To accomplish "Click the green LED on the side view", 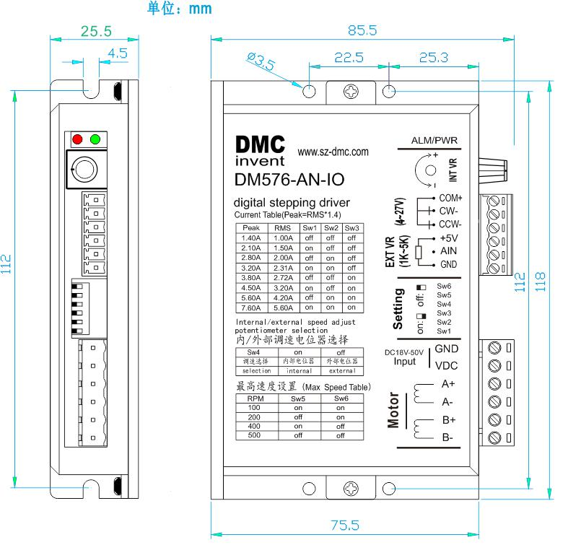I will (x=95, y=139).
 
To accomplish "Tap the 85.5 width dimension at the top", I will (x=362, y=30).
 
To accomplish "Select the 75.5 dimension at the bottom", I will (x=345, y=524).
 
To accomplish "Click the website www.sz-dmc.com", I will (x=333, y=152).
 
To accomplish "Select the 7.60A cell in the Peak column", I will (x=251, y=307).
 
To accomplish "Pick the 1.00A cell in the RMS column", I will (x=283, y=237).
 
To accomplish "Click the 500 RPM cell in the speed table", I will (x=255, y=435).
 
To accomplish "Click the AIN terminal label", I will (x=447, y=251).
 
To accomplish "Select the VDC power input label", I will (x=446, y=365).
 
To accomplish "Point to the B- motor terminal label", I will (x=447, y=437).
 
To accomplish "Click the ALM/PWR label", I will (x=430, y=140).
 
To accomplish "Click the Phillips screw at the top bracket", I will (x=351, y=92).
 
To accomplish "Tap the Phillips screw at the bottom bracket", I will (x=351, y=489).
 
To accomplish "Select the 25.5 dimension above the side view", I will (x=96, y=31).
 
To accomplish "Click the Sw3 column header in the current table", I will (x=351, y=228).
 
